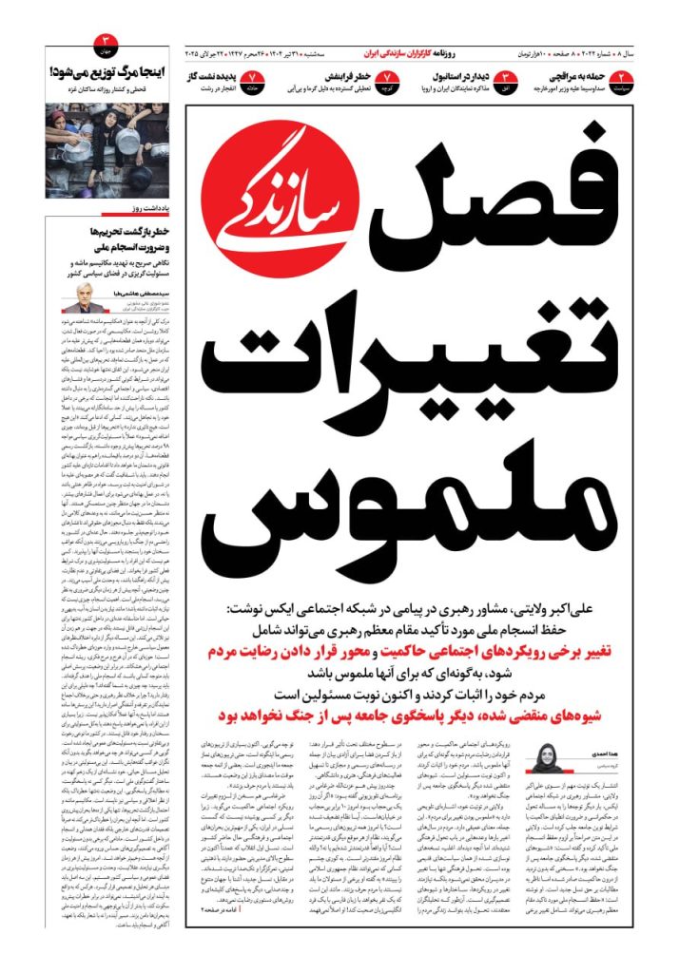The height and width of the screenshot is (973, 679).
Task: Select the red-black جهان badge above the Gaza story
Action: point(106,41)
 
